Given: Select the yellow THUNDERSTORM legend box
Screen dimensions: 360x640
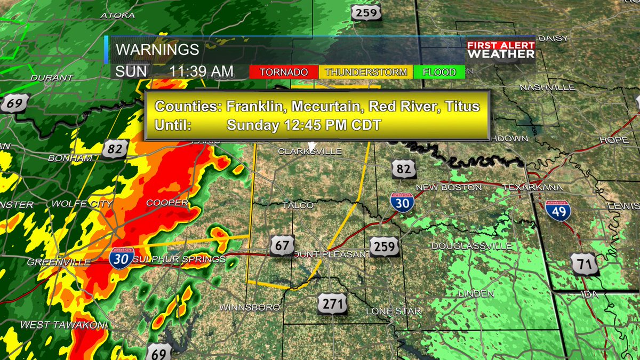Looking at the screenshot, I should point(366,72).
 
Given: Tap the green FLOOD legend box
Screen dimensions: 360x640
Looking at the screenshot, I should point(439,72).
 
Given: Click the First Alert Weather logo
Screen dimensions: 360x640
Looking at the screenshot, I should point(501,50).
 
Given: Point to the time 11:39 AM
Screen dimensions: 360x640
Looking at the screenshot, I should point(202,71).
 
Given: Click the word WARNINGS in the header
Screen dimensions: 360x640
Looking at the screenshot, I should point(157,50).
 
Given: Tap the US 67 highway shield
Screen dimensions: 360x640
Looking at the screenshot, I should point(282,245).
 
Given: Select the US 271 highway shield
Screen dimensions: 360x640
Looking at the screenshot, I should point(332,303).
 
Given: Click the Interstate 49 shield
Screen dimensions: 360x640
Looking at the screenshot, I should point(558,211).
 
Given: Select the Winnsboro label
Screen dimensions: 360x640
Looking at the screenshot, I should point(250,307).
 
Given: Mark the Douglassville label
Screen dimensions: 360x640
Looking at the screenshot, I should point(471,246).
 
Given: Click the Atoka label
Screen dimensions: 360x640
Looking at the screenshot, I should point(117,15).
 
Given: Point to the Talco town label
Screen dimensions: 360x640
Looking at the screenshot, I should point(294,205).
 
